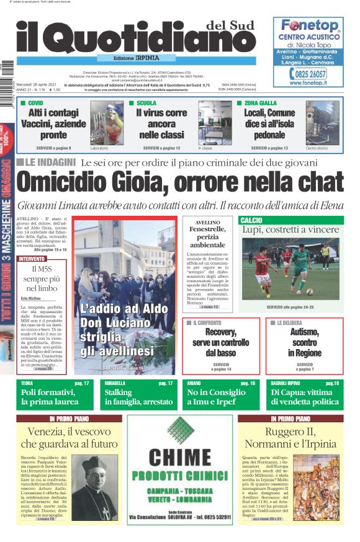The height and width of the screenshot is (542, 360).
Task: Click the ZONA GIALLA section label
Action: click(259, 102)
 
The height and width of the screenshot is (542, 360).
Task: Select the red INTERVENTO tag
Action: click(32, 258)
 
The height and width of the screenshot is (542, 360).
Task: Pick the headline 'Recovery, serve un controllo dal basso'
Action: click(221, 343)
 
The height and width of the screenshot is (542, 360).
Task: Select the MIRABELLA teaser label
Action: click(115, 383)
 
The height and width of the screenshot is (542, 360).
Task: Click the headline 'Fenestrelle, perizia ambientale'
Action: click(207, 237)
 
